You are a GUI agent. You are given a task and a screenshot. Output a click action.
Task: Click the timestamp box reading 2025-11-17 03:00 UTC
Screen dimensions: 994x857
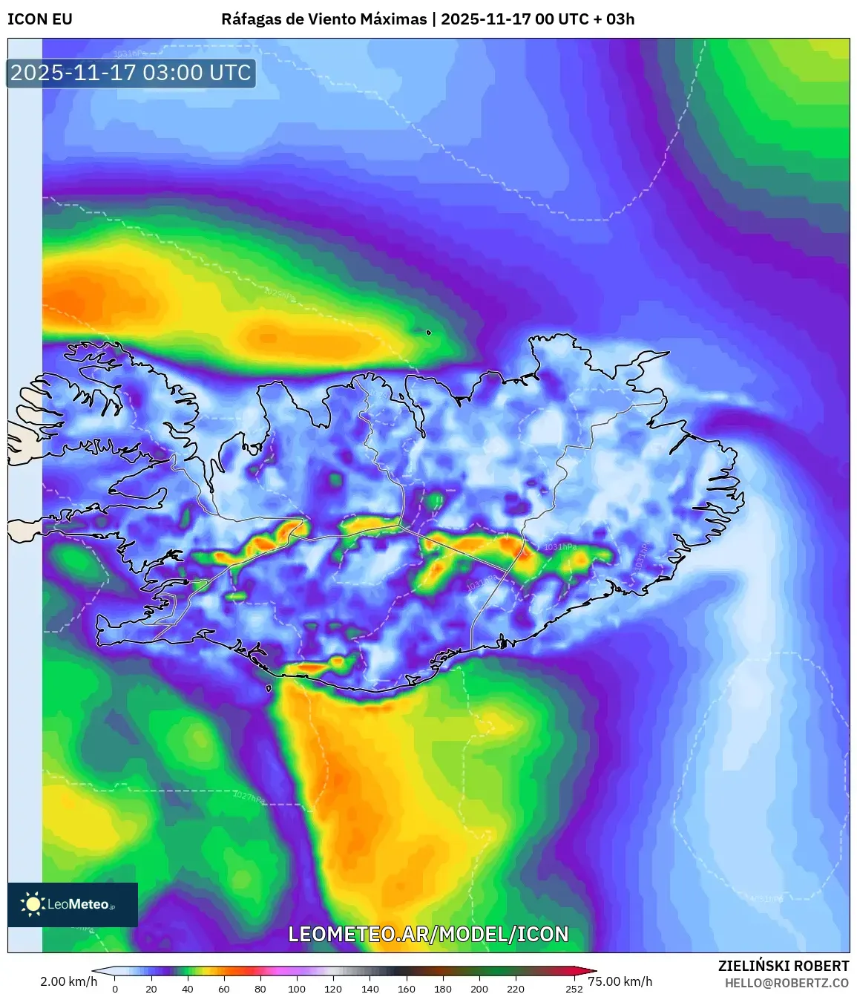tap(131, 73)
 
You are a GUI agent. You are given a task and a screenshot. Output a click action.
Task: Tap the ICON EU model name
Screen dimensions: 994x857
tap(40, 19)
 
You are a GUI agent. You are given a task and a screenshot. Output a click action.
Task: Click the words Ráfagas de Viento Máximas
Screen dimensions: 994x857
tap(324, 19)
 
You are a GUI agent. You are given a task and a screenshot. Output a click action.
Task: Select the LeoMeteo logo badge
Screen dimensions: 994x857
tap(73, 904)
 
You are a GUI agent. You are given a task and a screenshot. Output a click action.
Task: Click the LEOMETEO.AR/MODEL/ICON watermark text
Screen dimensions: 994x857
tap(428, 934)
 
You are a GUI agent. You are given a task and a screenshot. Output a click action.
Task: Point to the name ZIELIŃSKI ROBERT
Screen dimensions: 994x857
tap(783, 966)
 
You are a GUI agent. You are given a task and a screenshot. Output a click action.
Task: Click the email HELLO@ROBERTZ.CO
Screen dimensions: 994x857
tap(786, 983)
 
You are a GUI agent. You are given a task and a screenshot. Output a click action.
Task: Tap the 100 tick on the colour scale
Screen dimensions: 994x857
tap(297, 989)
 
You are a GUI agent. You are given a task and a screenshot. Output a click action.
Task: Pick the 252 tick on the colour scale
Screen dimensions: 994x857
tap(574, 989)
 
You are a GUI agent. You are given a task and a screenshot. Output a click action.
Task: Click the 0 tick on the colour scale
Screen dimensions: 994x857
tap(115, 989)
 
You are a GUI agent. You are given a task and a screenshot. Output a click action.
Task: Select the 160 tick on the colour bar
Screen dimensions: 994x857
tap(406, 989)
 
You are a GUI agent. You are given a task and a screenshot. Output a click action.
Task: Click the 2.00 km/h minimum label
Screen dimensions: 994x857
tap(68, 981)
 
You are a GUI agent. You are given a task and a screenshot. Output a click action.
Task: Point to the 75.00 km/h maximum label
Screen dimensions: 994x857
tap(620, 981)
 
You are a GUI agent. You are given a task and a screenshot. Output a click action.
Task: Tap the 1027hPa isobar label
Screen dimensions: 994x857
tap(249, 797)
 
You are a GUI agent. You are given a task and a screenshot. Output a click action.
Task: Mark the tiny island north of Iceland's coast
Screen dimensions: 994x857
tap(429, 332)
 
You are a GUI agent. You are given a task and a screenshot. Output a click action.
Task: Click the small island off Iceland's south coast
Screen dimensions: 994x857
tap(269, 689)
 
